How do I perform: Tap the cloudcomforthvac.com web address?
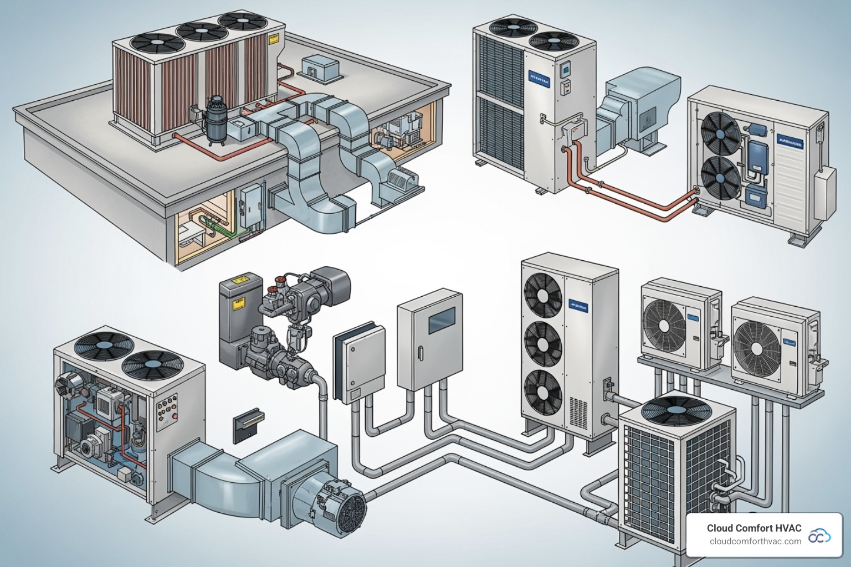755,542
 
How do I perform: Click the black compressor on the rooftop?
213,119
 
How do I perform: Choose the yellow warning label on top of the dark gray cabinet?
240,282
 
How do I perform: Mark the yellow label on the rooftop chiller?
273,40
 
